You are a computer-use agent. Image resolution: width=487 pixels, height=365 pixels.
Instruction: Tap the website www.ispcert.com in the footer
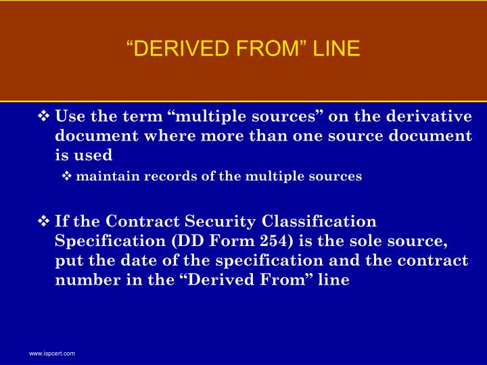[51, 354]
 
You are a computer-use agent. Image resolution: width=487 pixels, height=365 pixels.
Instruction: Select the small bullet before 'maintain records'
[67, 176]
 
